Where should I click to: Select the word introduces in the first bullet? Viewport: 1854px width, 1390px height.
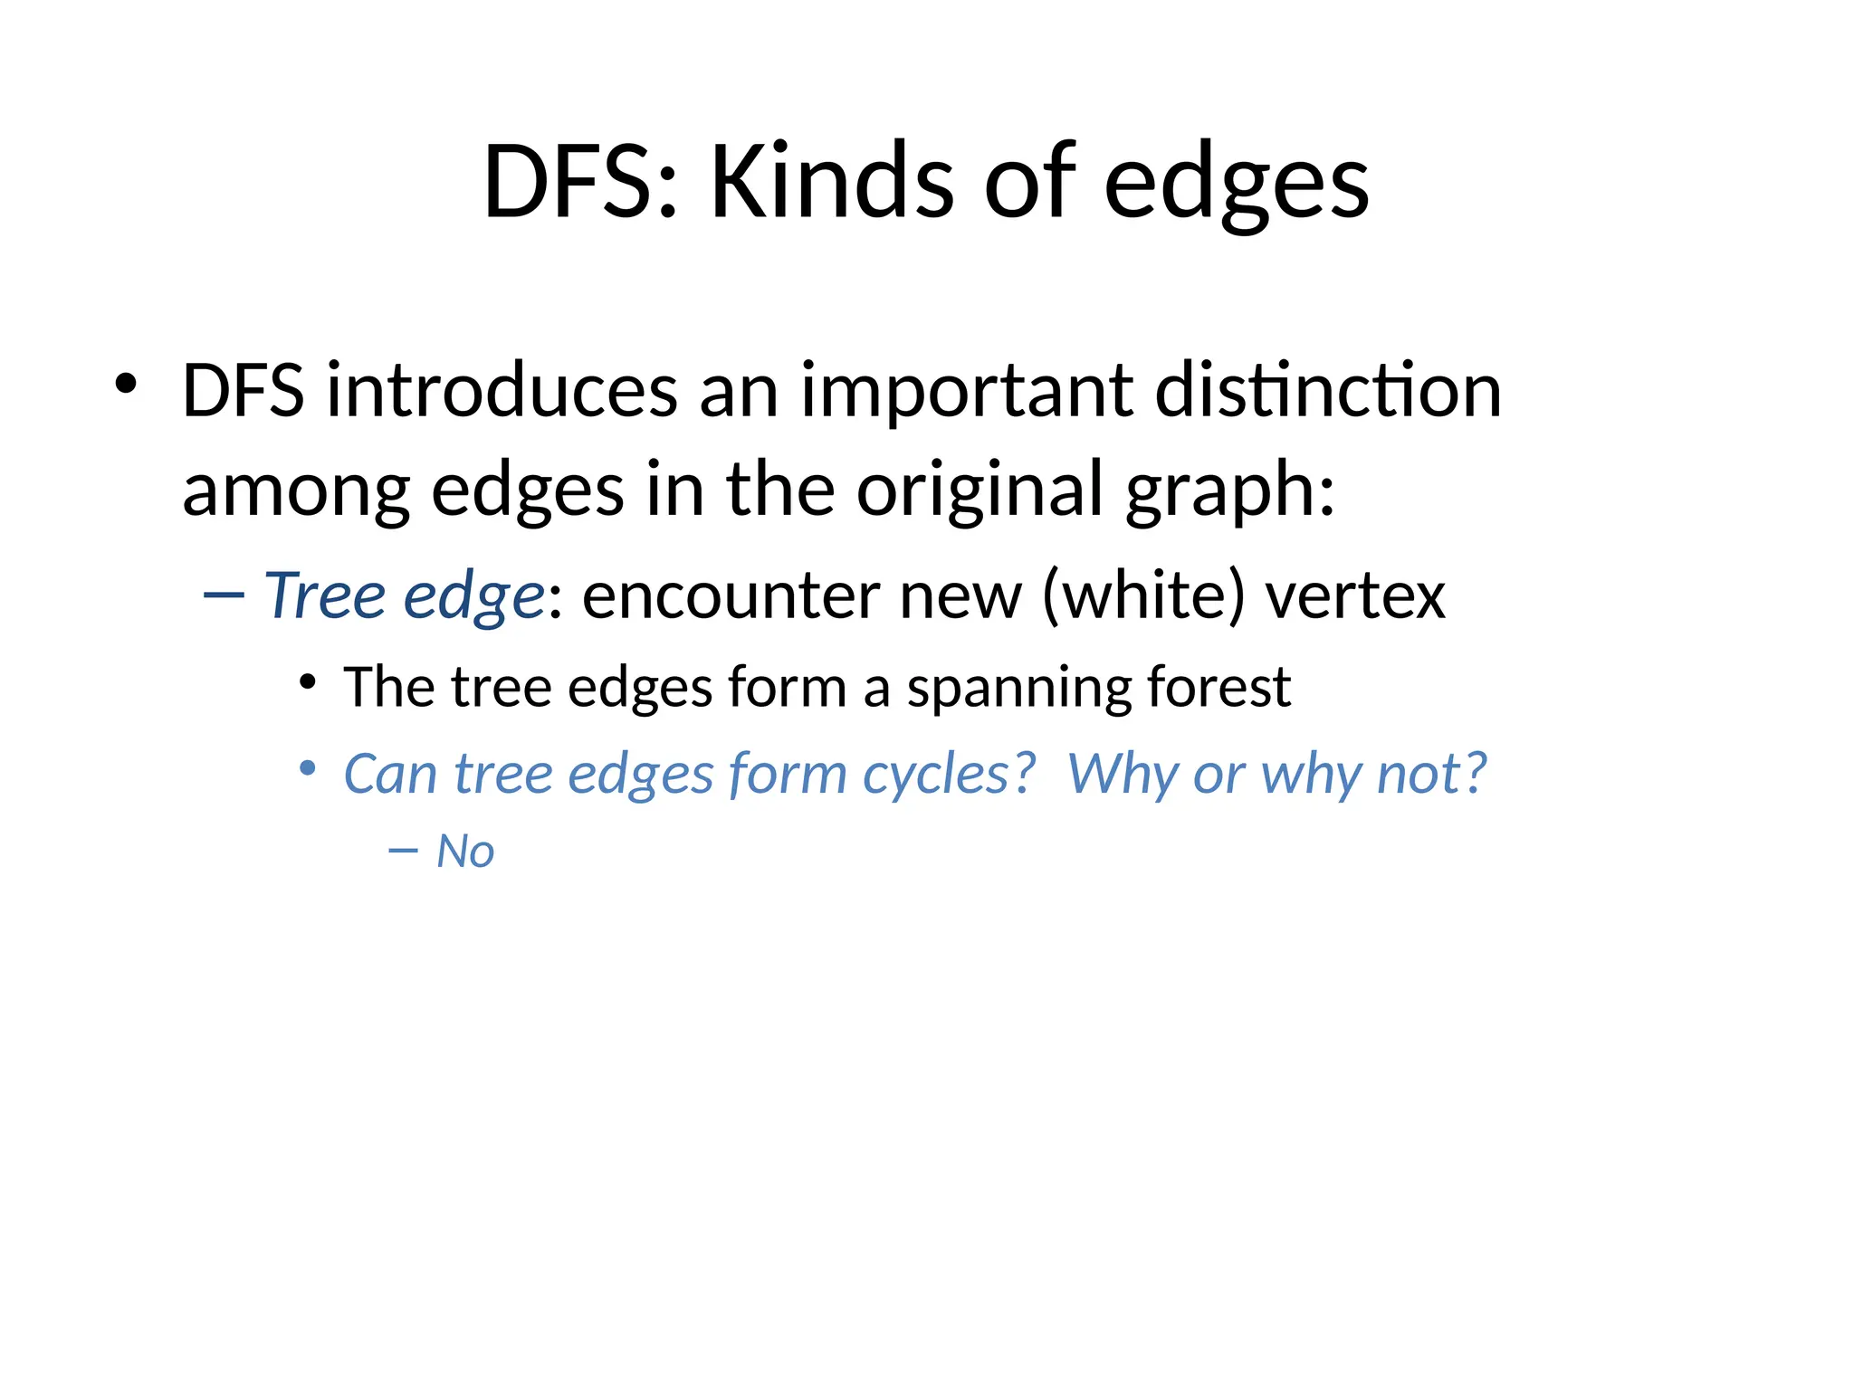[x=501, y=391]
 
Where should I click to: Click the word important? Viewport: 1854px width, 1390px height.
[x=965, y=391]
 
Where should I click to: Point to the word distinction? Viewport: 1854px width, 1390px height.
[x=1328, y=391]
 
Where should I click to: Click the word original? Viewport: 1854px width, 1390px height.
[x=979, y=490]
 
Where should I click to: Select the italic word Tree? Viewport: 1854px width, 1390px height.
[x=325, y=596]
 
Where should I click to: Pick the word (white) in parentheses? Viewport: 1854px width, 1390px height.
[x=1143, y=596]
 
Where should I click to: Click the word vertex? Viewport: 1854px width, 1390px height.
[x=1355, y=596]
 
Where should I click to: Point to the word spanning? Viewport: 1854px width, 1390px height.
[x=1018, y=688]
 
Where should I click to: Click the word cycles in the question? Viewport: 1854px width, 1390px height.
[x=948, y=775]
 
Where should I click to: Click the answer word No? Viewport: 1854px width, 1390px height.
[x=465, y=852]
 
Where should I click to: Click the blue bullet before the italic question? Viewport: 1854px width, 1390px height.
[x=308, y=769]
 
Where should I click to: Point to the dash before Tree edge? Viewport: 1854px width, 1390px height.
[x=224, y=595]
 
